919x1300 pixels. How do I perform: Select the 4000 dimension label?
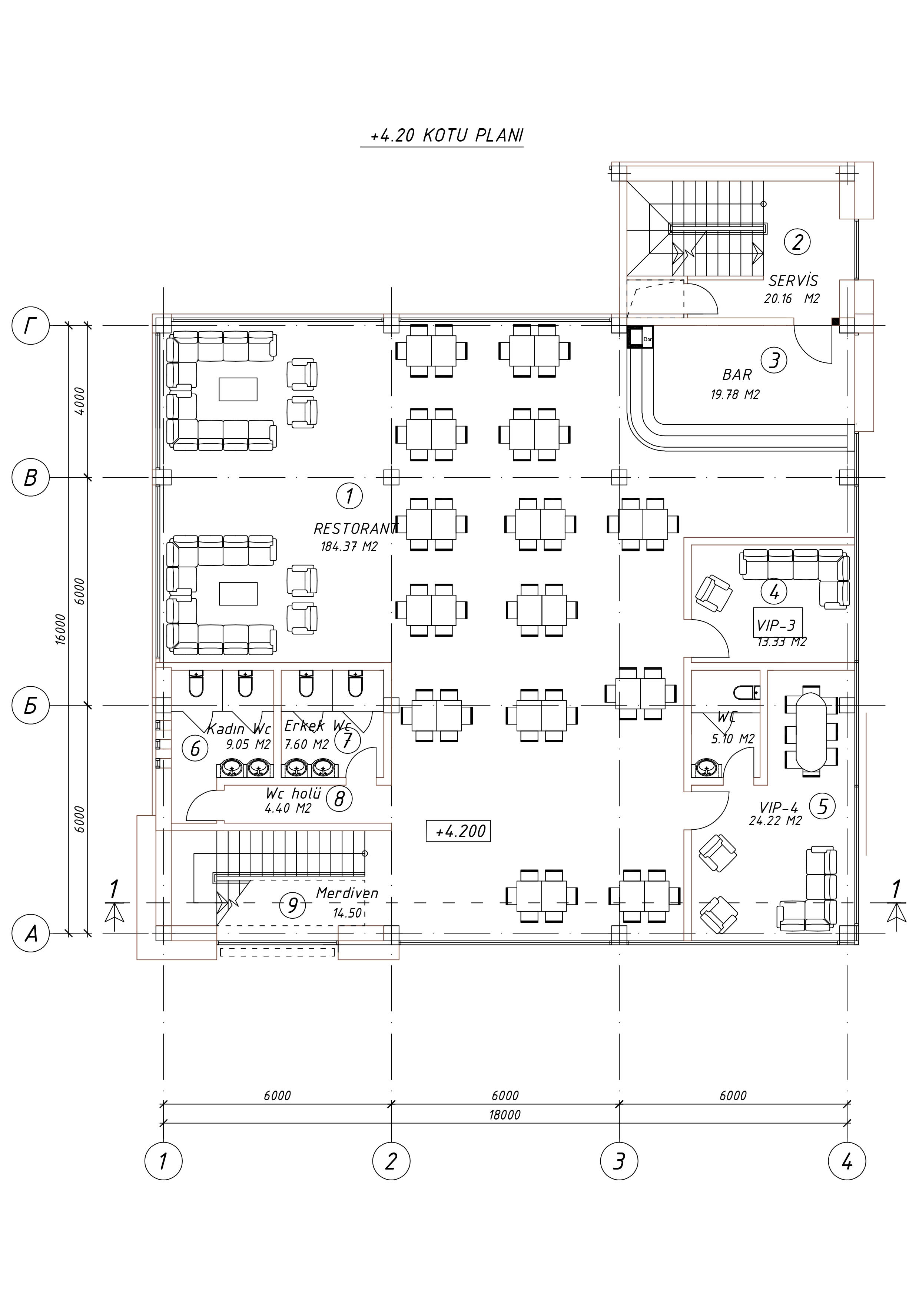(x=80, y=401)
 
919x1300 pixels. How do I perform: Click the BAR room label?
(x=737, y=375)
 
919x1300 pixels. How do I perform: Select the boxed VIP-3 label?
(x=776, y=626)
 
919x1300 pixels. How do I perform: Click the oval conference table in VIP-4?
(x=811, y=729)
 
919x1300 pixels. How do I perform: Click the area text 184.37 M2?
(x=349, y=547)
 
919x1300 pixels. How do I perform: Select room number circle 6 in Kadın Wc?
(x=195, y=749)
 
